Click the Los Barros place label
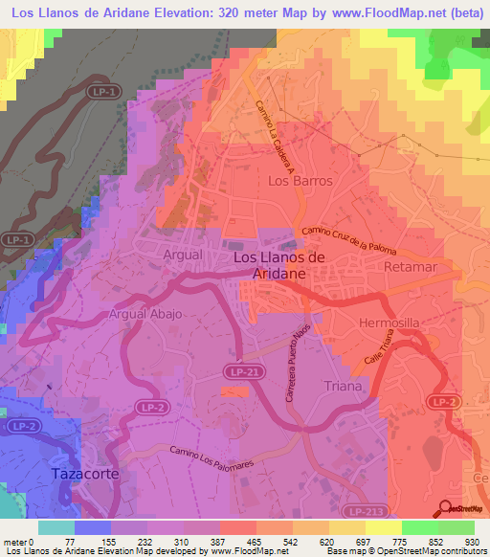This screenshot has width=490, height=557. coord(301,180)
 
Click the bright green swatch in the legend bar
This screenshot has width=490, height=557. coord(419,527)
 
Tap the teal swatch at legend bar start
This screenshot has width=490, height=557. coord(56,527)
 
